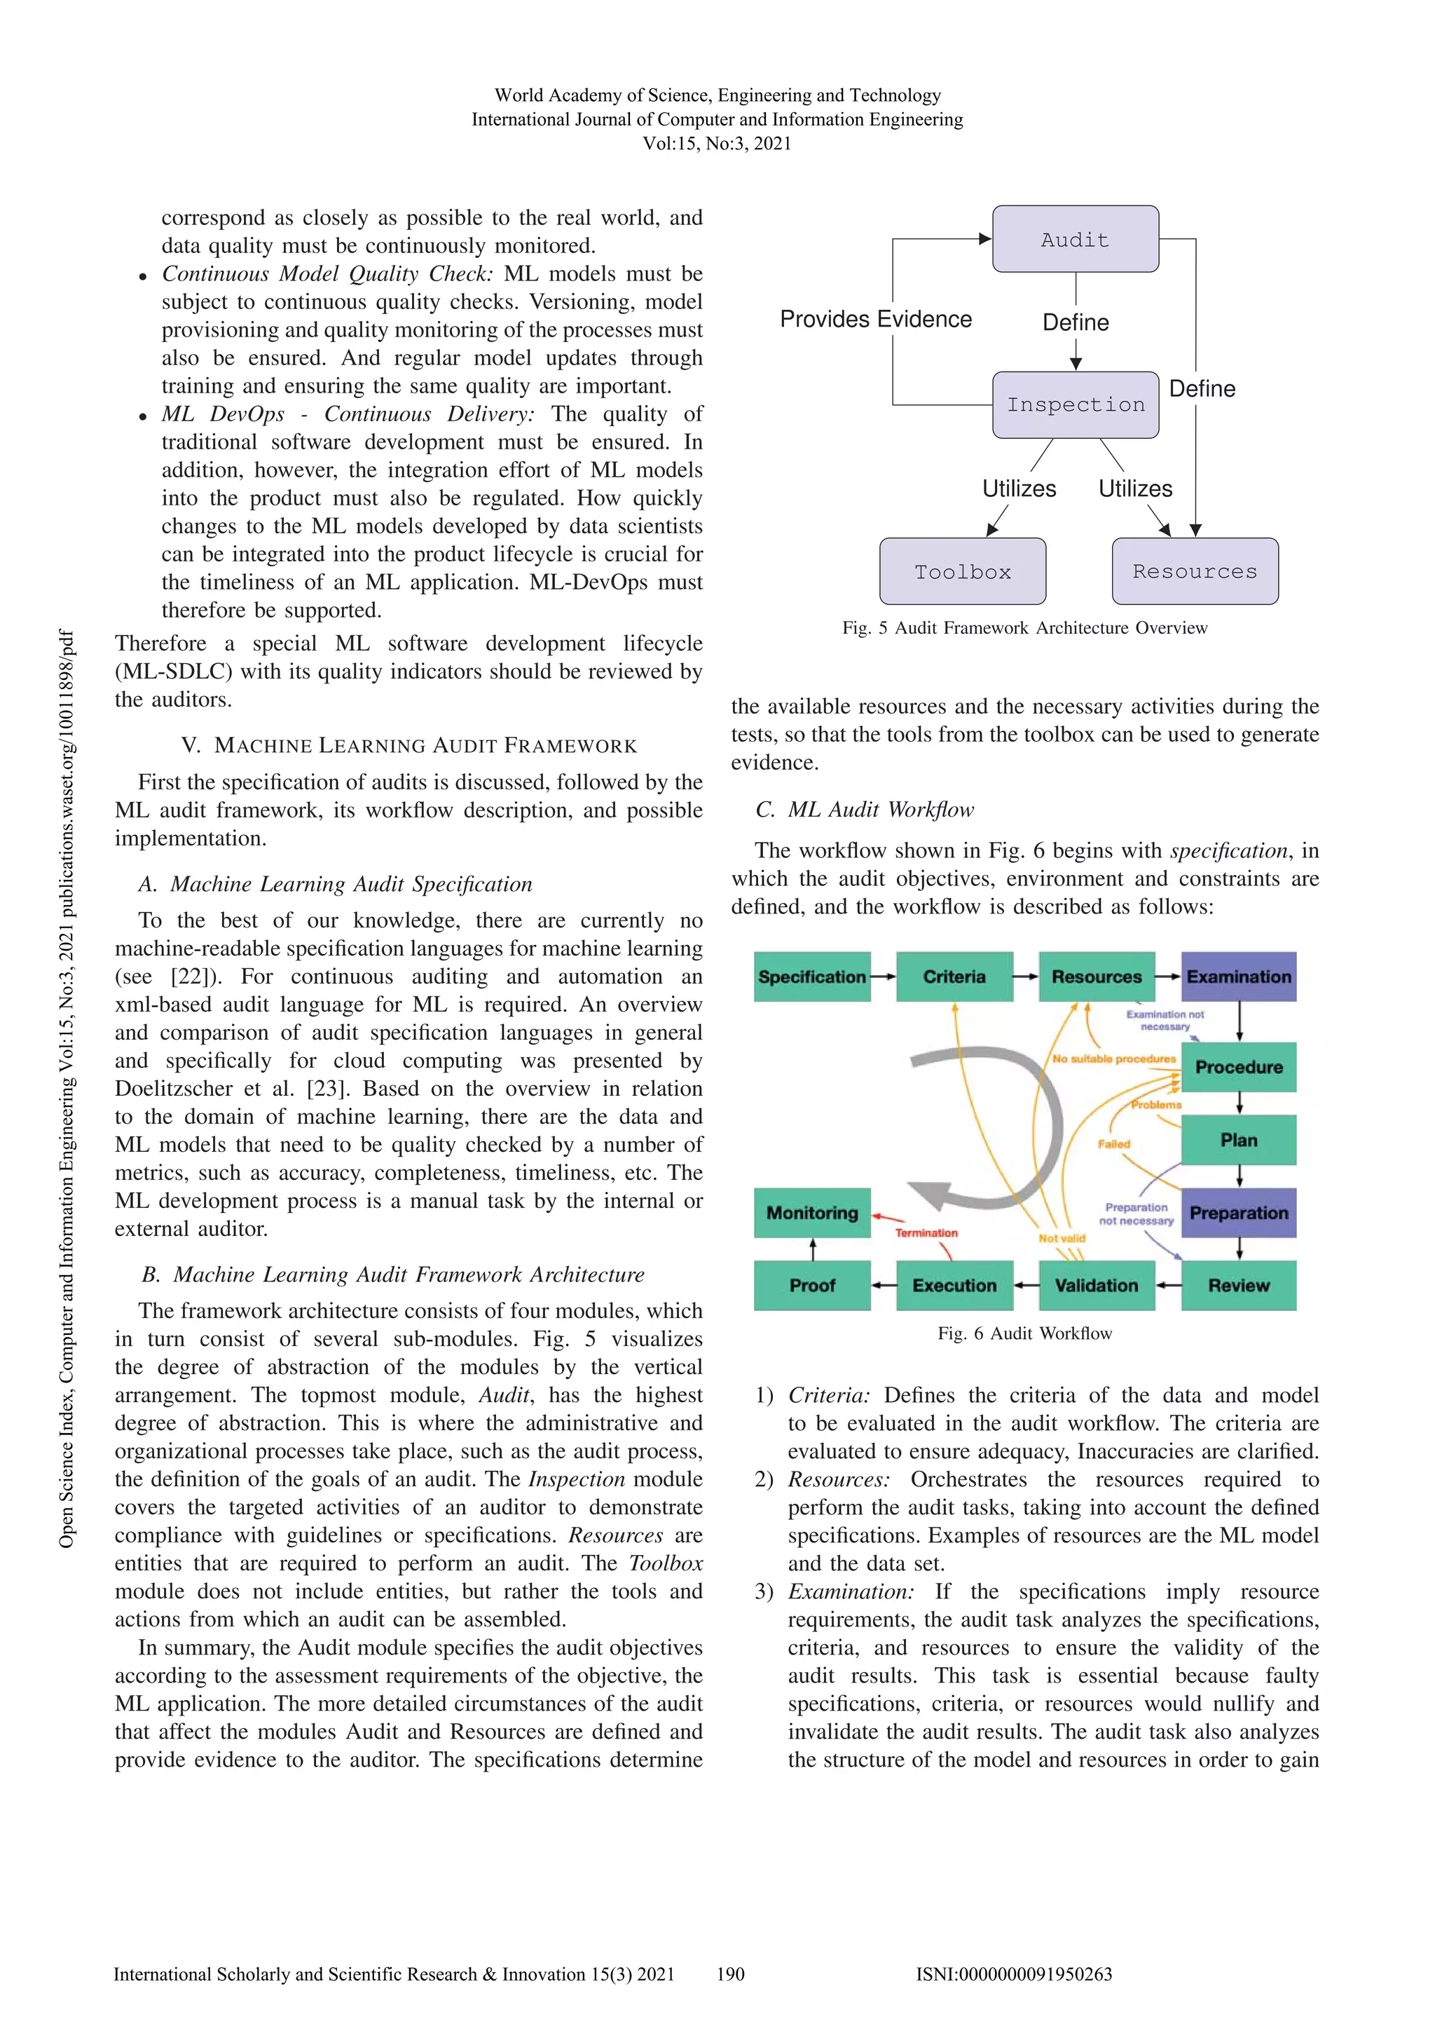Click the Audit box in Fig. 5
click(1074, 239)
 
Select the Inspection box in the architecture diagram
click(1074, 405)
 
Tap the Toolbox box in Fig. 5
click(962, 571)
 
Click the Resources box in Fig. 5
click(1194, 571)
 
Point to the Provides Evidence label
click(875, 319)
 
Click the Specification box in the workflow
click(811, 977)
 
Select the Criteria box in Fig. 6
click(954, 977)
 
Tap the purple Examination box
click(1238, 977)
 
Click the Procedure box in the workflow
click(1238, 1067)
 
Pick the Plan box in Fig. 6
click(1238, 1140)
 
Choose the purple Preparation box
click(1238, 1213)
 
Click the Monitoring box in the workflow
click(811, 1213)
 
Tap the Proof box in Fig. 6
click(811, 1285)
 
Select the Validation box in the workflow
click(1097, 1285)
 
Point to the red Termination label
click(926, 1233)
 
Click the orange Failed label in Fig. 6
click(1114, 1143)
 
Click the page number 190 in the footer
click(730, 1974)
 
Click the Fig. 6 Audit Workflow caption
click(1024, 1333)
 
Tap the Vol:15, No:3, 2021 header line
click(717, 143)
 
